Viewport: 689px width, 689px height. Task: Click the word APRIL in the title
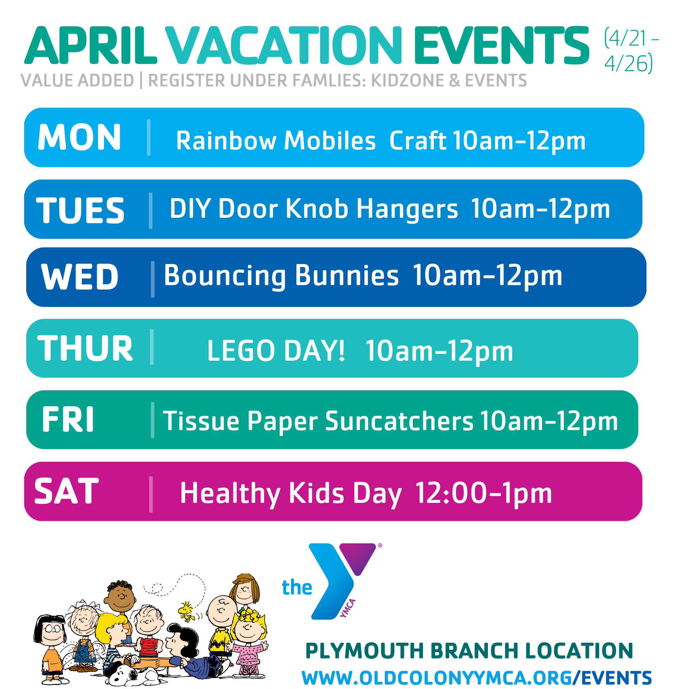91,45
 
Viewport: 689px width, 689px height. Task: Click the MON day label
79,137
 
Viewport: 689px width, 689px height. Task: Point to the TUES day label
80,210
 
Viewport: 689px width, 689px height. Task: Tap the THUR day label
85,348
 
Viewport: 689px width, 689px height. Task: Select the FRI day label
68,420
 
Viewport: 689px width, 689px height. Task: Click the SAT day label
66,491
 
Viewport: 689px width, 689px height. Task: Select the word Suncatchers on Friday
399,421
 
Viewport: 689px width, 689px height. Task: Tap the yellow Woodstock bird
186,611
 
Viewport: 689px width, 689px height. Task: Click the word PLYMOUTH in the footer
365,651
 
